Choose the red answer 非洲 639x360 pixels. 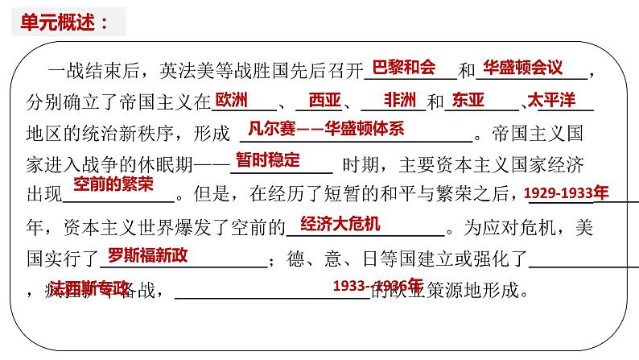click(400, 100)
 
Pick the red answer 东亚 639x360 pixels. click(469, 100)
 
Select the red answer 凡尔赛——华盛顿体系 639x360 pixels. click(327, 129)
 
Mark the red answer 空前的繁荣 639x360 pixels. click(112, 184)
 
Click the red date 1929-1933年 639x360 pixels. click(567, 193)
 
